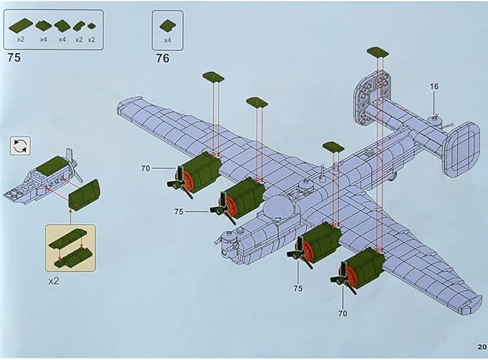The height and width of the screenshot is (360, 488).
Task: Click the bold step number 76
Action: coord(162,58)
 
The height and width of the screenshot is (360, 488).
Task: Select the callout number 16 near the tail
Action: coord(434,86)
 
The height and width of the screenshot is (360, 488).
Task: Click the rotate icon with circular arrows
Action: coord(20,146)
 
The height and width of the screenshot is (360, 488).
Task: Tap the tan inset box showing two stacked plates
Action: coord(70,246)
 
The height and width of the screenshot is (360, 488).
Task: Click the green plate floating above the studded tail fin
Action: coord(377,52)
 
